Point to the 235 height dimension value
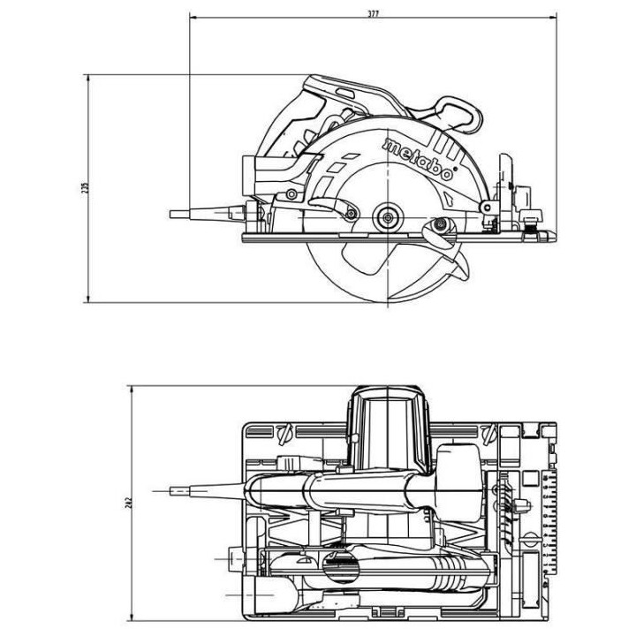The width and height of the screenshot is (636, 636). (86, 190)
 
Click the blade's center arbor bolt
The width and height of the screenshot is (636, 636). (385, 214)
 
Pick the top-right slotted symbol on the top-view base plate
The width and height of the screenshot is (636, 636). (488, 435)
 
